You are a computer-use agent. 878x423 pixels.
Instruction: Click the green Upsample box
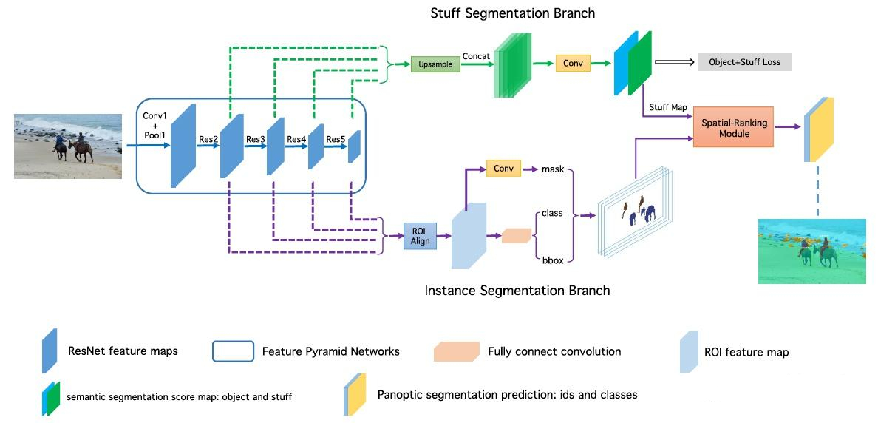pyautogui.click(x=435, y=64)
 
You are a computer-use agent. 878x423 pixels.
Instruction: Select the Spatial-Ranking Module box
pyautogui.click(x=732, y=127)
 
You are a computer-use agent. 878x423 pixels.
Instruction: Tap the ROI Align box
pyautogui.click(x=419, y=235)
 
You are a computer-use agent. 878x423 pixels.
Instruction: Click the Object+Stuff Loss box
pyautogui.click(x=744, y=62)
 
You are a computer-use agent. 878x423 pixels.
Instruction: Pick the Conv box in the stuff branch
pyautogui.click(x=573, y=64)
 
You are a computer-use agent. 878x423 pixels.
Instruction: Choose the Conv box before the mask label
pyautogui.click(x=503, y=169)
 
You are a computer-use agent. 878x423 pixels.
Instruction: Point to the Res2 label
pyautogui.click(x=208, y=139)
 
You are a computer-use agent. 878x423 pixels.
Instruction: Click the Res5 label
pyautogui.click(x=336, y=139)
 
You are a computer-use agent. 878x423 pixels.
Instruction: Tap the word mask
pyautogui.click(x=552, y=169)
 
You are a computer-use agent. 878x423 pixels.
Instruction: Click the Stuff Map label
pyautogui.click(x=668, y=107)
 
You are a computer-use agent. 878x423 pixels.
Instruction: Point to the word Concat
pyautogui.click(x=477, y=56)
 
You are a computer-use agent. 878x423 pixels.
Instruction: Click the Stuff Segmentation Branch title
pyautogui.click(x=513, y=13)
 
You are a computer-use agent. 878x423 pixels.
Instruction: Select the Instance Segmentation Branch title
pyautogui.click(x=517, y=291)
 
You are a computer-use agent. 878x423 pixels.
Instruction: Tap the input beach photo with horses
pyautogui.click(x=68, y=146)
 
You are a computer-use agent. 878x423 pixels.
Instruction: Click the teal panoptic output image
pyautogui.click(x=811, y=251)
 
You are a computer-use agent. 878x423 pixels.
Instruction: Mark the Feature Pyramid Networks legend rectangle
pyautogui.click(x=232, y=351)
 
